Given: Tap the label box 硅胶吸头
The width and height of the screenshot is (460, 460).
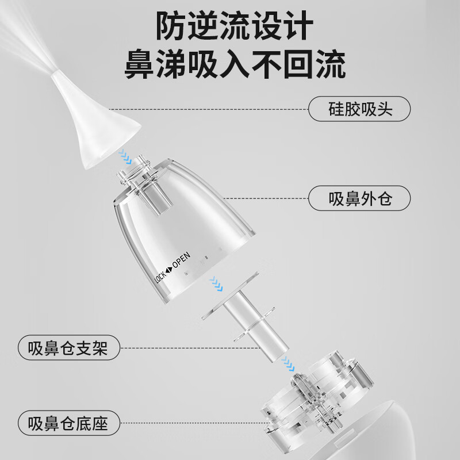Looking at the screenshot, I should tap(361, 109).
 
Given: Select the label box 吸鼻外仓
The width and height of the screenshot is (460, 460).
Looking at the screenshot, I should tap(361, 198).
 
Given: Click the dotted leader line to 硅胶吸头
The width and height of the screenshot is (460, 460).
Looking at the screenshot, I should tap(207, 109).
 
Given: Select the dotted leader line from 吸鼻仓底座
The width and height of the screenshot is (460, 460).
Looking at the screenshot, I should tap(190, 424).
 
